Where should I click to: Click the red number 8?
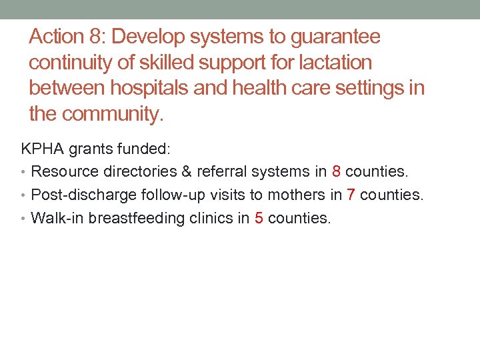(x=336, y=171)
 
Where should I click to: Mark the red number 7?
(x=351, y=195)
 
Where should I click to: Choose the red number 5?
(x=259, y=218)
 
